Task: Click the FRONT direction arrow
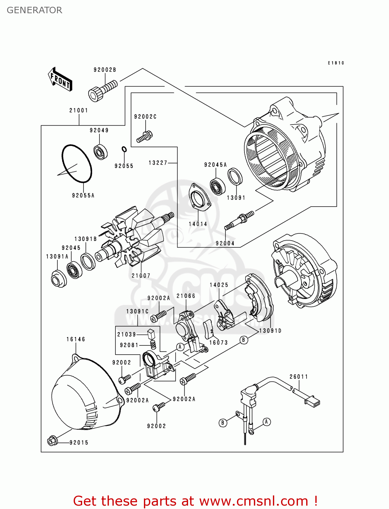(x=60, y=79)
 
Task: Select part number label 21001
(x=79, y=111)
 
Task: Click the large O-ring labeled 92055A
(x=77, y=163)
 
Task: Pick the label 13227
(x=158, y=163)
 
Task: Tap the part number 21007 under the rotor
(x=141, y=276)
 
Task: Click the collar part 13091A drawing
(x=58, y=279)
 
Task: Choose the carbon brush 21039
(x=151, y=333)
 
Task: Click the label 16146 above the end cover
(x=76, y=339)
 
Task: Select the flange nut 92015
(x=52, y=441)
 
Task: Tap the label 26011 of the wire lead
(x=299, y=377)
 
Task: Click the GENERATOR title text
(x=35, y=10)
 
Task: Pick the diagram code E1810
(x=336, y=63)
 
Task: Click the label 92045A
(x=215, y=165)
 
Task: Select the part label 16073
(x=218, y=343)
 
